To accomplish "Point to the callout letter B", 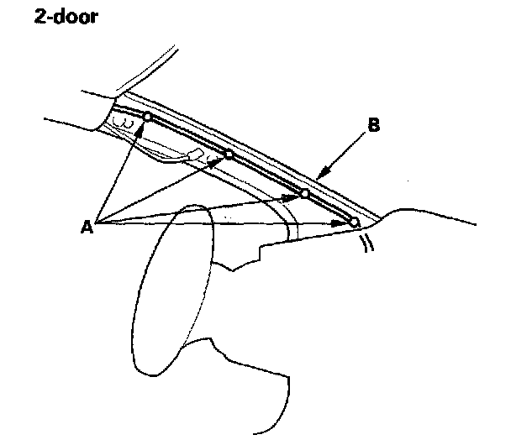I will coord(375,127).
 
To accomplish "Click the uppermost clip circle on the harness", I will coord(146,117).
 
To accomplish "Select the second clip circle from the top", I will coord(228,155).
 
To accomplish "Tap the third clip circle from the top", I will coord(305,194).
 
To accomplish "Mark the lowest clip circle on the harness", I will coord(354,223).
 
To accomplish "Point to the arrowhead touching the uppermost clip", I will coord(144,124).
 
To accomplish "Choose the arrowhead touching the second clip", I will coord(221,160).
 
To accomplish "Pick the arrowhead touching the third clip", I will coord(297,196).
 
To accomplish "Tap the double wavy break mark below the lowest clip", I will coord(366,243).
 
